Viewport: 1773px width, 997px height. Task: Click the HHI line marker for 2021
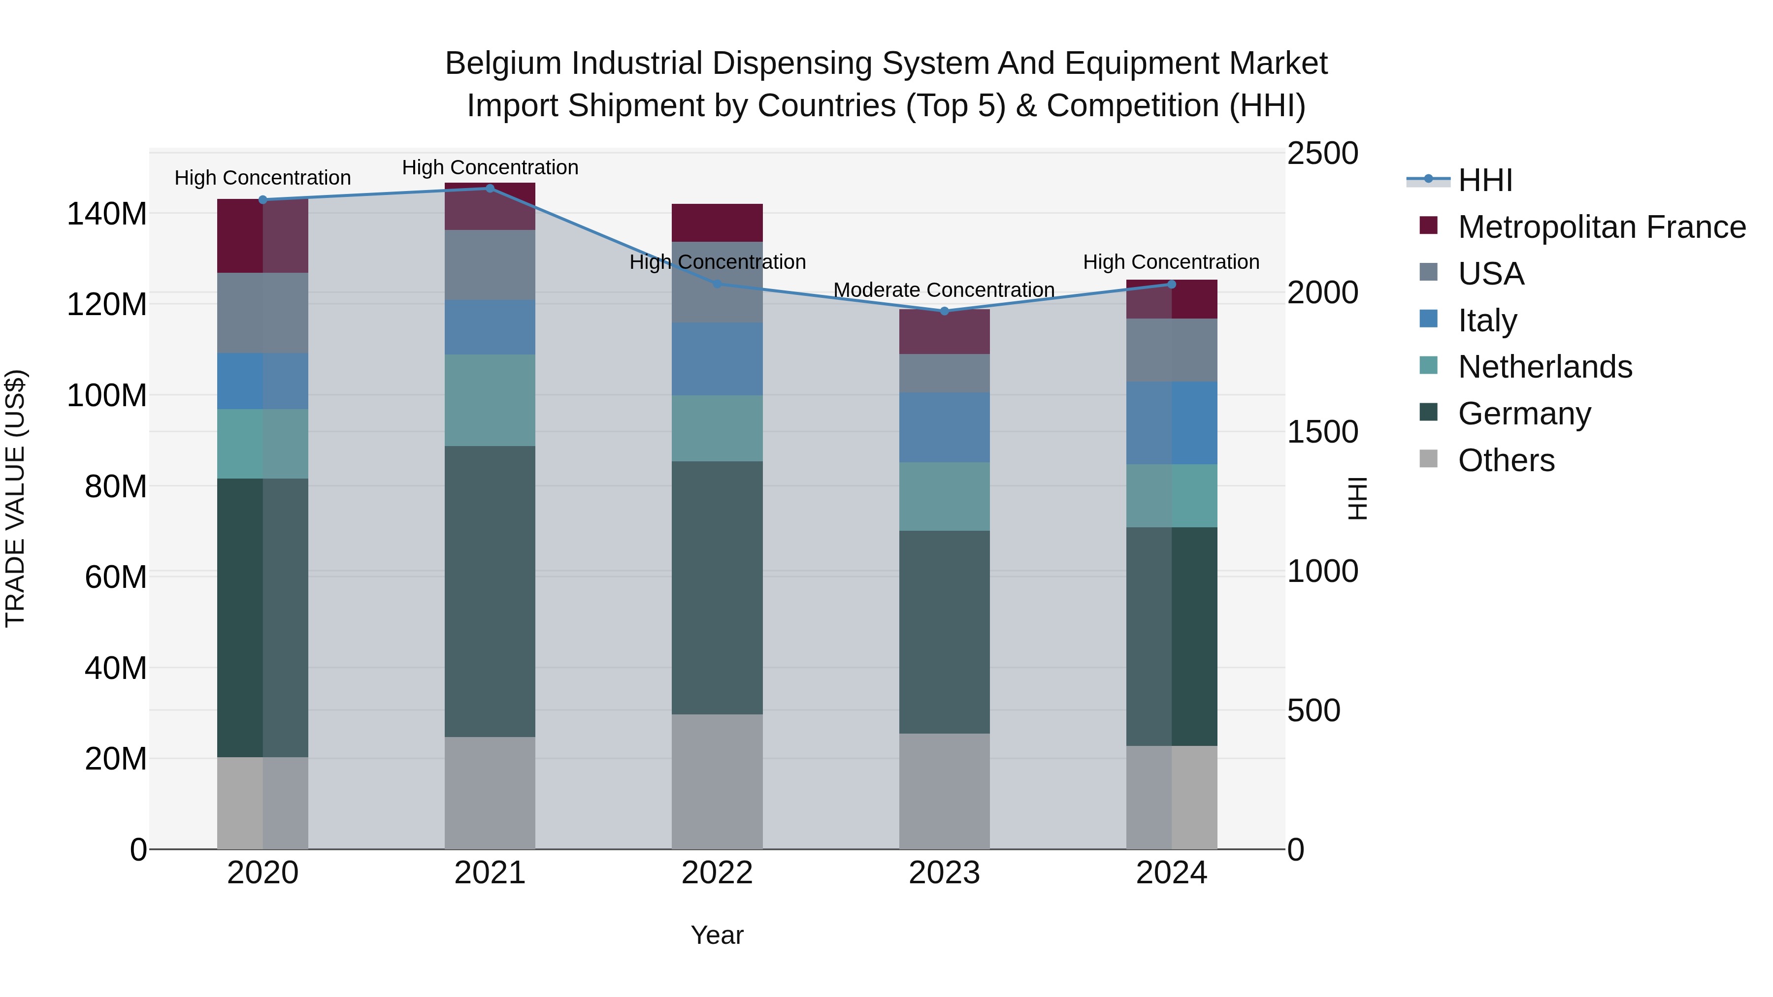point(490,189)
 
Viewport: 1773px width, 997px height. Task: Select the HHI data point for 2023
point(944,311)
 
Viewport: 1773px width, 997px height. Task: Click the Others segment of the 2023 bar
point(944,791)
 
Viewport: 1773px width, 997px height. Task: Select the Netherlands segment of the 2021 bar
point(490,400)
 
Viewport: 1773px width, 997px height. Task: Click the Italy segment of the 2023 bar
point(944,427)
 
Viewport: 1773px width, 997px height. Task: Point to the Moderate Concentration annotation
point(944,289)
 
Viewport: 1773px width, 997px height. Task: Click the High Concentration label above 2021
point(490,167)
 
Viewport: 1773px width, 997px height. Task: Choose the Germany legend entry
point(1524,414)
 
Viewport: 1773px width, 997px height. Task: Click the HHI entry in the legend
point(1485,180)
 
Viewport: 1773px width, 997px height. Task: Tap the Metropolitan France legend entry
point(1601,227)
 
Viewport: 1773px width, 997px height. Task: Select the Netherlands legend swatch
point(1429,365)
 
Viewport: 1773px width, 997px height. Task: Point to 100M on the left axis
point(107,396)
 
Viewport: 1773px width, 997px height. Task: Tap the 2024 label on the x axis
point(1172,873)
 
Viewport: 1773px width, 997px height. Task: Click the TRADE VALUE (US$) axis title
point(15,498)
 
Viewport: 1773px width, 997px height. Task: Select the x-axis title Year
point(717,935)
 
